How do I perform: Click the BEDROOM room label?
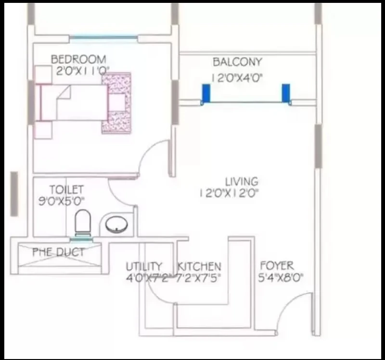[x=78, y=60]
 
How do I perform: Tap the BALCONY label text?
[x=237, y=62]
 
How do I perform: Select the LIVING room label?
[x=242, y=182]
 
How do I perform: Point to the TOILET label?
[x=66, y=190]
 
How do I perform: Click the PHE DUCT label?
[x=58, y=252]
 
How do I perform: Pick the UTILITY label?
[x=144, y=266]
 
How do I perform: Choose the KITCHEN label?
[x=199, y=266]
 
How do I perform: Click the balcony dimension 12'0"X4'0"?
[x=237, y=78]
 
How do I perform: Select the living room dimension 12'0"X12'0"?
[x=230, y=193]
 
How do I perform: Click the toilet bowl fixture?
[x=83, y=222]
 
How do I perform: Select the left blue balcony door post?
[x=205, y=93]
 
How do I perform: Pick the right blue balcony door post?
[x=286, y=93]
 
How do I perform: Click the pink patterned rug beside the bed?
[x=116, y=103]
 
